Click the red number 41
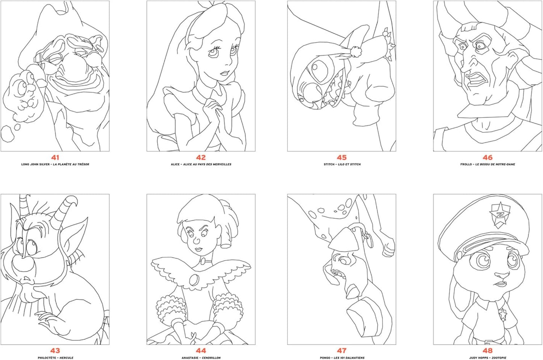tap(55, 157)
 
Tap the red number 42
tap(201, 157)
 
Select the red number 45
tap(342, 157)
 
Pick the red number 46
tap(487, 157)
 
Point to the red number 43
tap(55, 351)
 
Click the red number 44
tap(201, 351)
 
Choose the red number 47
tap(342, 351)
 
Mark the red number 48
tap(487, 351)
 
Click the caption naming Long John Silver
tap(55, 164)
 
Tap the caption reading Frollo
tap(487, 164)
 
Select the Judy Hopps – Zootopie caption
tap(487, 358)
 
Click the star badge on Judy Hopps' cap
tap(499, 216)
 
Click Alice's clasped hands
tap(211, 113)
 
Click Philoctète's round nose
tap(22, 263)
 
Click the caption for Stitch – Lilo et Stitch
tap(342, 164)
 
